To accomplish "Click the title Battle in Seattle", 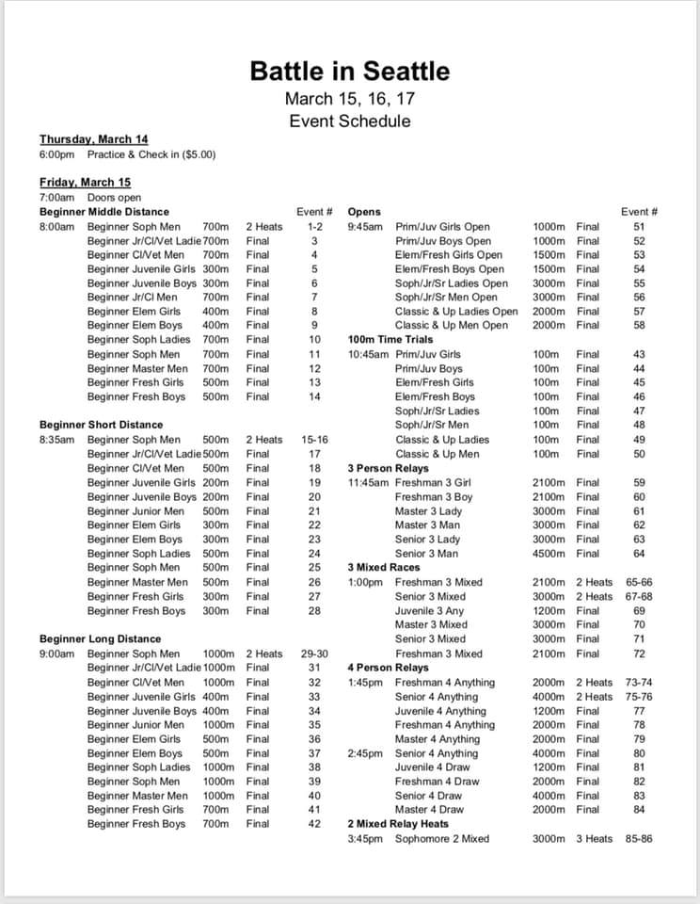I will [x=349, y=71].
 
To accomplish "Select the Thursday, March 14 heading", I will [x=93, y=139].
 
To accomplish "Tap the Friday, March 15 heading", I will [x=85, y=182].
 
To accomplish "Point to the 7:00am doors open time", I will [x=56, y=198].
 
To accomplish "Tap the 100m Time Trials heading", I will [x=391, y=340].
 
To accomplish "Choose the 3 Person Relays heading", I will [x=388, y=468].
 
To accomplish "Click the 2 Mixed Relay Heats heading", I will [x=398, y=824].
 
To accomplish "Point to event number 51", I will [x=639, y=227].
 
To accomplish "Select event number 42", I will [x=314, y=824].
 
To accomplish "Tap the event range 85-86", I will [x=638, y=838].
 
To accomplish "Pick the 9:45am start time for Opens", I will [x=365, y=227].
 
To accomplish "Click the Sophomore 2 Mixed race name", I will [x=442, y=838].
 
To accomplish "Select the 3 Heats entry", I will [x=594, y=838].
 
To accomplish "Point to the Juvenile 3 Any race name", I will [x=432, y=610].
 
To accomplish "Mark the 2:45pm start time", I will [x=365, y=753].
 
